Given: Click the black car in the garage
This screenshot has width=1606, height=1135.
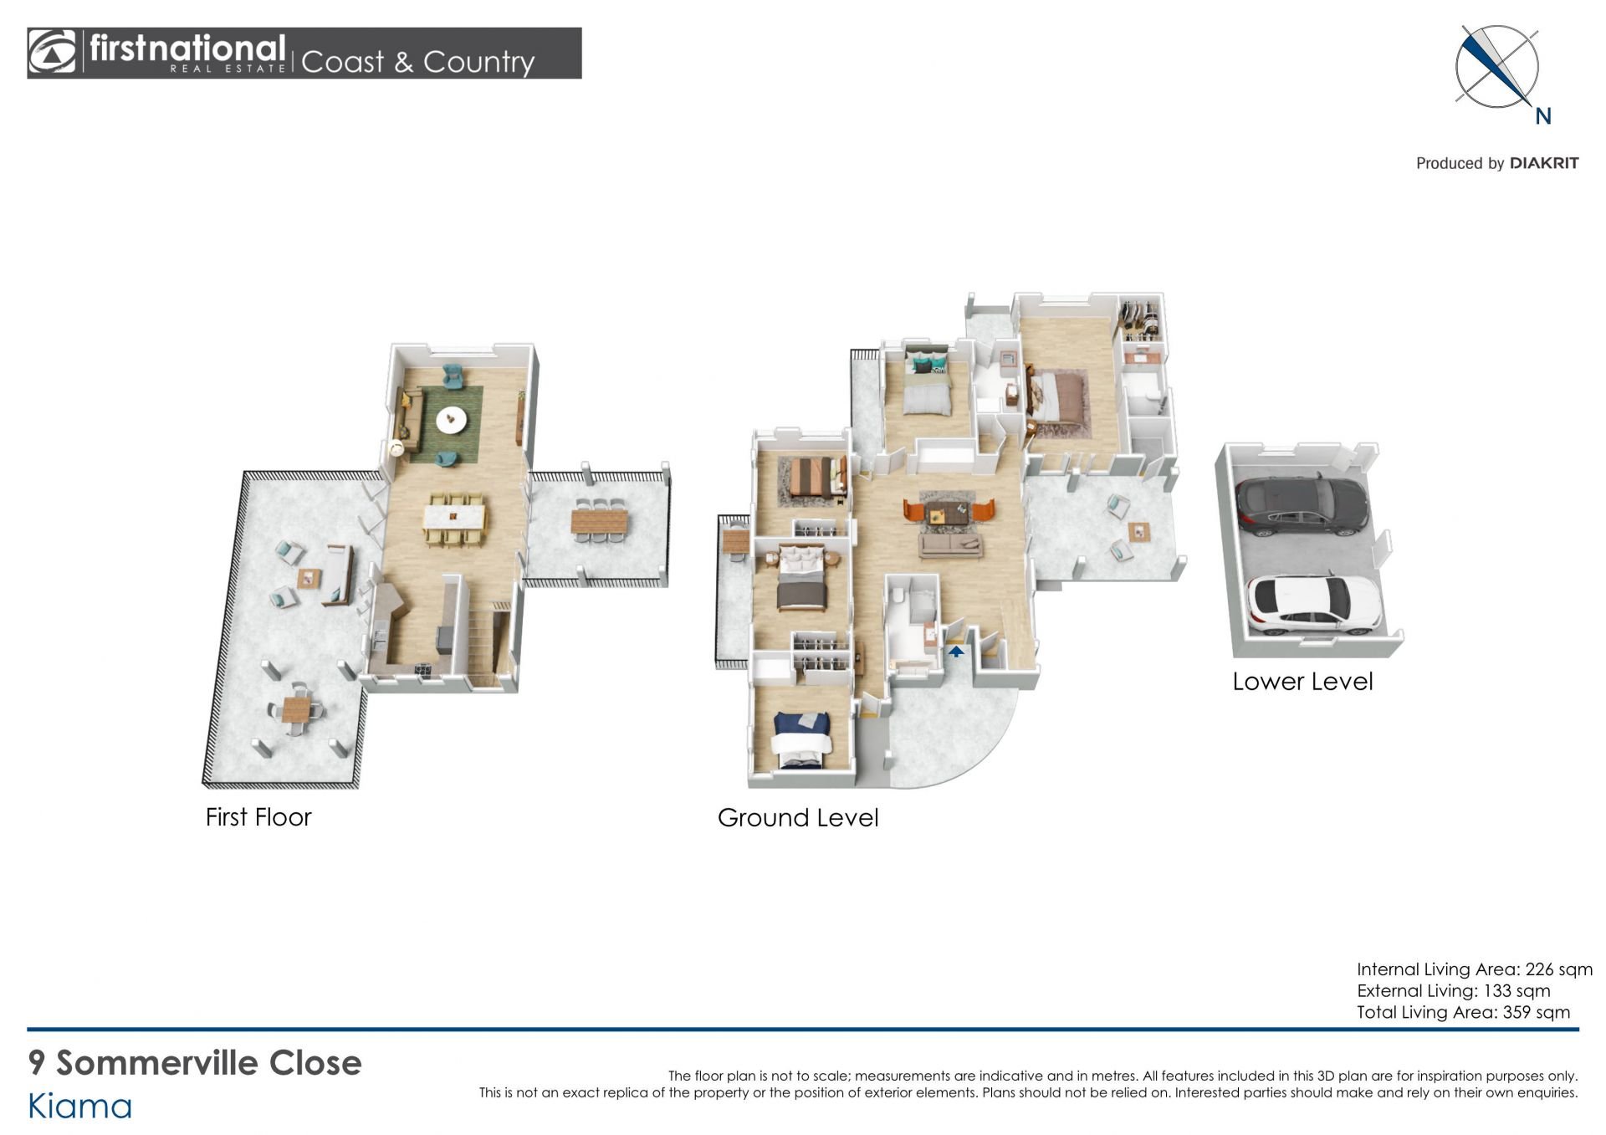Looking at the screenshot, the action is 1302,505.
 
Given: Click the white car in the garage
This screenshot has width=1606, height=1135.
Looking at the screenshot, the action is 1314,605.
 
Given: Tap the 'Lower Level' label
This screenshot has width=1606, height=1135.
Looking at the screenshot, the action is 1302,681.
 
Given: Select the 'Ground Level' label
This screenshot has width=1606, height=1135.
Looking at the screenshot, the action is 798,817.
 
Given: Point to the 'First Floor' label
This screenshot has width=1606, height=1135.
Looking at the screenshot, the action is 258,816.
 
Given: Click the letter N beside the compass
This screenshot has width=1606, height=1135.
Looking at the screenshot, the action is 1543,116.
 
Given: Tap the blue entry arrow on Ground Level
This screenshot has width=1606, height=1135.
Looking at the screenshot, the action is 956,651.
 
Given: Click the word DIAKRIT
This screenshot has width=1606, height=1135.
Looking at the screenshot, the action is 1544,163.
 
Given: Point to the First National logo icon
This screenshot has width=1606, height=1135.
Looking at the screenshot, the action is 52,53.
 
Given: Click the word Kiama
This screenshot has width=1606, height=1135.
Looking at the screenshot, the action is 80,1107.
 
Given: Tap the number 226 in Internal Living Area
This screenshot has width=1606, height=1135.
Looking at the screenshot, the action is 1539,969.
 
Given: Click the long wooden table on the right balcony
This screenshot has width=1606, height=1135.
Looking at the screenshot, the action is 599,521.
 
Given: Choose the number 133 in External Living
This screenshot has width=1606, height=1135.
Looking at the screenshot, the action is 1496,991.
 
